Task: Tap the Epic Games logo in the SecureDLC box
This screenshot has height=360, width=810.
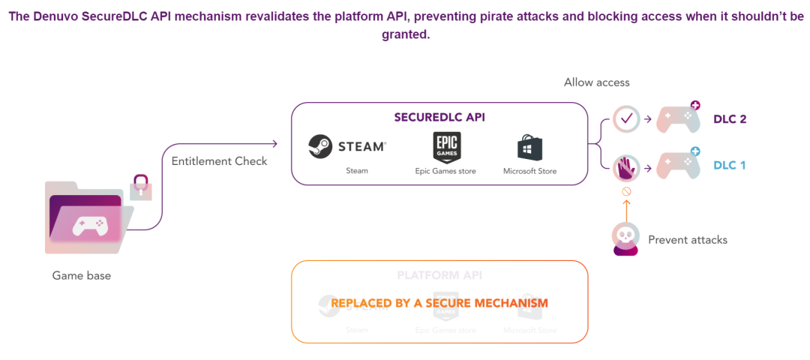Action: click(446, 146)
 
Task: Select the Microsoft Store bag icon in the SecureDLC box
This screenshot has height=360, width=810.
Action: click(529, 147)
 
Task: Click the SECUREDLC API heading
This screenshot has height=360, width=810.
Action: click(439, 118)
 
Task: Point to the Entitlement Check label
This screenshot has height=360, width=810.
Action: click(219, 160)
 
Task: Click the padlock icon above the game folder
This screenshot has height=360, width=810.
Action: click(140, 186)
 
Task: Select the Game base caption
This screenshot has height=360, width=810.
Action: click(81, 275)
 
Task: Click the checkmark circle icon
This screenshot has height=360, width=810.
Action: click(626, 118)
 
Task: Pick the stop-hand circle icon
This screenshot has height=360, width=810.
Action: click(626, 166)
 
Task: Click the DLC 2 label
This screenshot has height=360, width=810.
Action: click(729, 118)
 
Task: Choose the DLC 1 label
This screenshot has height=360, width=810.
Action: click(729, 165)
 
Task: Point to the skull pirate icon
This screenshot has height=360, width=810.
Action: click(625, 238)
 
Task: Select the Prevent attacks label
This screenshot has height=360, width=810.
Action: click(687, 240)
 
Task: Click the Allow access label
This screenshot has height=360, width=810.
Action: click(596, 82)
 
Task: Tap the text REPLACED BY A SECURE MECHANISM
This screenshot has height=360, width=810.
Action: click(439, 303)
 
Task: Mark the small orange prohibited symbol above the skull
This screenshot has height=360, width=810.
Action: click(626, 191)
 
